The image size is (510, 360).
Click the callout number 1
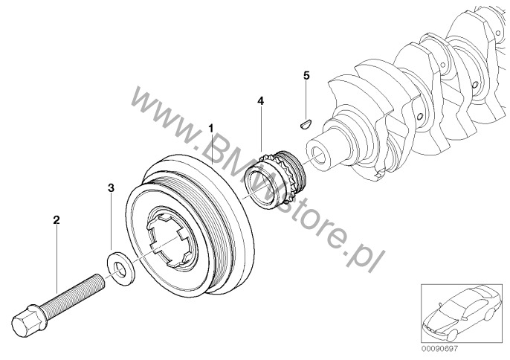[211, 128]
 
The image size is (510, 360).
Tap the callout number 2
[57, 220]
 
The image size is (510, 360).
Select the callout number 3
[112, 188]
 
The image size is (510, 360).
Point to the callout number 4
[260, 101]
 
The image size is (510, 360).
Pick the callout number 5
[306, 76]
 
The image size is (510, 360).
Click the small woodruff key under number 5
[306, 124]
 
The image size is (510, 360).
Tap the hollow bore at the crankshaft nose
[320, 154]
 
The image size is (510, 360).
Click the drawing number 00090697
[439, 349]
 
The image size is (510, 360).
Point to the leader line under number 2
[57, 259]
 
